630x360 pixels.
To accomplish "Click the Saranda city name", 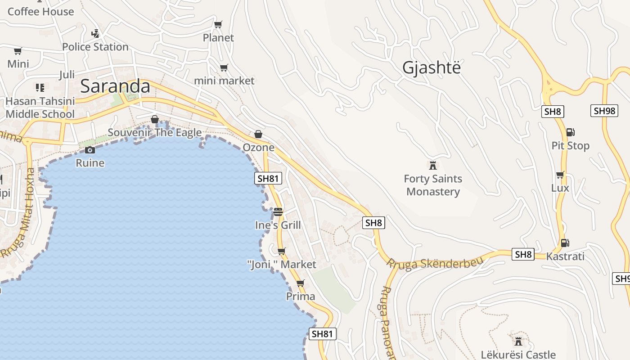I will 115,86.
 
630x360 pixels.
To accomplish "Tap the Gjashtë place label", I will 432,67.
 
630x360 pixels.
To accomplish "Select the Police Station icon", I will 95,33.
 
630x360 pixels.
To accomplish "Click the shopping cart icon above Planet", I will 218,24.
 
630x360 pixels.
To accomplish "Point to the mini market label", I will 224,81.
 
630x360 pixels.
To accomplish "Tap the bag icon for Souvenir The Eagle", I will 155,119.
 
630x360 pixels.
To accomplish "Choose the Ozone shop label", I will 258,147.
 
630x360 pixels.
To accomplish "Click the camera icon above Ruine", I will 90,150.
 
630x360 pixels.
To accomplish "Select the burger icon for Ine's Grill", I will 278,211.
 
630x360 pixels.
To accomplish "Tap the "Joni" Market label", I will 282,264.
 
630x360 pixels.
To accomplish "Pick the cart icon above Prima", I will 301,283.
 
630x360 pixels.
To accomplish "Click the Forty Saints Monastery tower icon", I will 433,165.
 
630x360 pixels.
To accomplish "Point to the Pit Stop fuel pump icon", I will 570,132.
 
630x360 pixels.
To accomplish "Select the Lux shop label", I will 560,188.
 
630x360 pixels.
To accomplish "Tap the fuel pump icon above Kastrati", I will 565,243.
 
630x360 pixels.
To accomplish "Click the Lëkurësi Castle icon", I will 518,341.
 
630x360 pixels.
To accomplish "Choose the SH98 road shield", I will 604,111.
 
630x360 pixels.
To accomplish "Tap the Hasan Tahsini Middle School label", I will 40,108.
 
